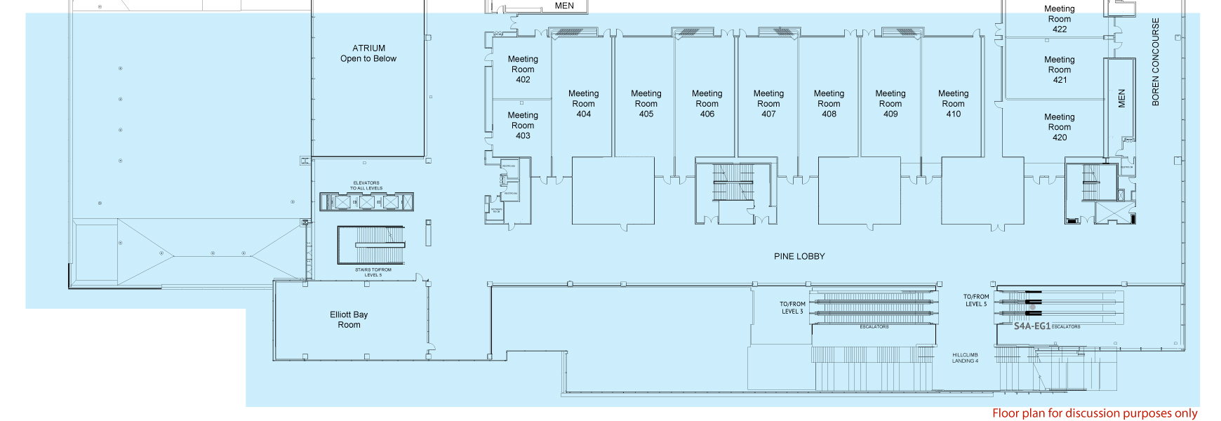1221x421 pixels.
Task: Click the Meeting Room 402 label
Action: pyautogui.click(x=523, y=69)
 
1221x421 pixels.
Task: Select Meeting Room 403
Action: pyautogui.click(x=523, y=126)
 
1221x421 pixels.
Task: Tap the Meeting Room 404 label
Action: pyautogui.click(x=583, y=104)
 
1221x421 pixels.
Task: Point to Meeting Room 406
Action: pyautogui.click(x=707, y=104)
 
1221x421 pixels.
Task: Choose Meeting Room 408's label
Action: pyautogui.click(x=829, y=104)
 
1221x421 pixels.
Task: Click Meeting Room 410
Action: pyautogui.click(x=953, y=104)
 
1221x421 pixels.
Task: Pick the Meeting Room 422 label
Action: pyautogui.click(x=1060, y=19)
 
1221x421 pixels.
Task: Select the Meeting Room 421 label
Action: pyautogui.click(x=1060, y=69)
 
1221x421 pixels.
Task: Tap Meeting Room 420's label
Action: pyautogui.click(x=1060, y=127)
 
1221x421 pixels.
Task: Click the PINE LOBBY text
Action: pyautogui.click(x=799, y=256)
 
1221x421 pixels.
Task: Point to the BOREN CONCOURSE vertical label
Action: pyautogui.click(x=1156, y=62)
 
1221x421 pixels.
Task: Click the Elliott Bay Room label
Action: pyautogui.click(x=349, y=320)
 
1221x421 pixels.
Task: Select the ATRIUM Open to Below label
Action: pyautogui.click(x=368, y=53)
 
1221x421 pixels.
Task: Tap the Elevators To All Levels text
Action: pyautogui.click(x=366, y=185)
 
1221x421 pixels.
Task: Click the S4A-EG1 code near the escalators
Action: pyautogui.click(x=1032, y=326)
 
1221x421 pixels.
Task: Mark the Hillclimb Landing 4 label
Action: pyautogui.click(x=965, y=358)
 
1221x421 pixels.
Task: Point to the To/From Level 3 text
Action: pyautogui.click(x=792, y=307)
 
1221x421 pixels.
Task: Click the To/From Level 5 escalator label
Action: pyautogui.click(x=976, y=300)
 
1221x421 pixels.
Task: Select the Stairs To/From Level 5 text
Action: pyautogui.click(x=373, y=272)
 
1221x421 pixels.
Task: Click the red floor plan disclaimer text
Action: pyautogui.click(x=1095, y=413)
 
